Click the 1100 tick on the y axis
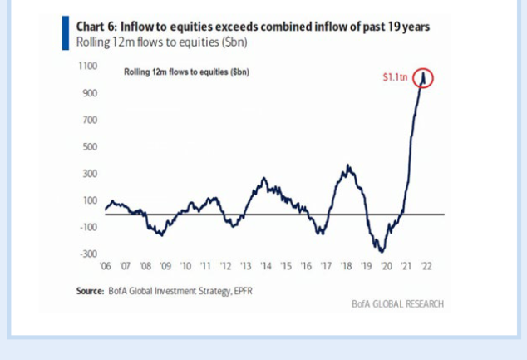pyautogui.click(x=88, y=66)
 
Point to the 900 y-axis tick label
pyautogui.click(x=90, y=93)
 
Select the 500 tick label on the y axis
pyautogui.click(x=90, y=147)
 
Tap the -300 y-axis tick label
pyautogui.click(x=88, y=254)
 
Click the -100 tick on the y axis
pyautogui.click(x=88, y=227)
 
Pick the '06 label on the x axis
pyautogui.click(x=105, y=266)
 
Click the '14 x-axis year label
pyautogui.click(x=265, y=266)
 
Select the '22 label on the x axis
pyautogui.click(x=426, y=266)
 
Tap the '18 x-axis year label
pyautogui.click(x=346, y=266)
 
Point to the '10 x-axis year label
pyautogui.click(x=185, y=266)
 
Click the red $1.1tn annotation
pyautogui.click(x=394, y=77)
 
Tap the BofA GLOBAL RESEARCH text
pyautogui.click(x=398, y=304)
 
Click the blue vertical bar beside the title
pyautogui.click(x=66, y=33)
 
